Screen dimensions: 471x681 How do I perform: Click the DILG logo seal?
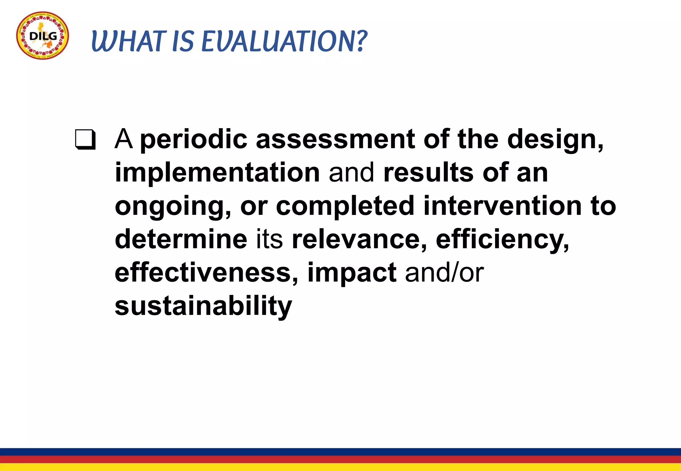tap(43, 36)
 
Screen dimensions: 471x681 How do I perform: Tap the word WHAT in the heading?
tap(128, 42)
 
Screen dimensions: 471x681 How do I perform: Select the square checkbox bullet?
tap(85, 140)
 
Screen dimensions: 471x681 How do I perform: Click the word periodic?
tap(194, 140)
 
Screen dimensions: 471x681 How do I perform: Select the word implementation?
tap(217, 173)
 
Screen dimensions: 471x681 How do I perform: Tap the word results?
tap(428, 173)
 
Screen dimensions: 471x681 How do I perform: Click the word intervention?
tap(502, 206)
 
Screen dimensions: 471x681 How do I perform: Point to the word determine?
tap(181, 239)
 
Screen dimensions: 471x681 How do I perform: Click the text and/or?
tap(444, 273)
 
